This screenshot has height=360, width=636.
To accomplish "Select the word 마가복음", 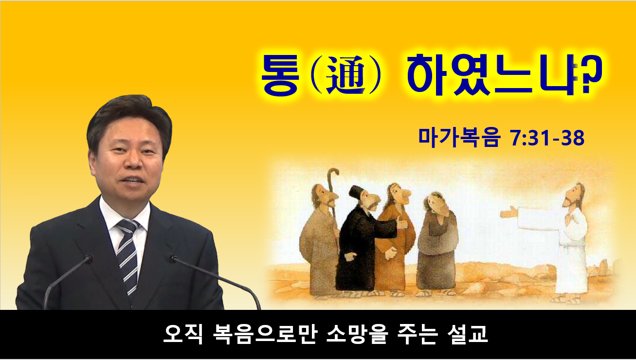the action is click(459, 138).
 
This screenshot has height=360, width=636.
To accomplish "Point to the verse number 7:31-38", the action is click(547, 138).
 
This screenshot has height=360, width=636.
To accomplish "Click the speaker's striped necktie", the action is click(128, 255).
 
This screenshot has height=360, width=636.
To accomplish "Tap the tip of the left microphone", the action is click(89, 259).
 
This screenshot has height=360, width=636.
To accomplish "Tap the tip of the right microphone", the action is click(174, 259).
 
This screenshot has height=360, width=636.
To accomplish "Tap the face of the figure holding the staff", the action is click(325, 196).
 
